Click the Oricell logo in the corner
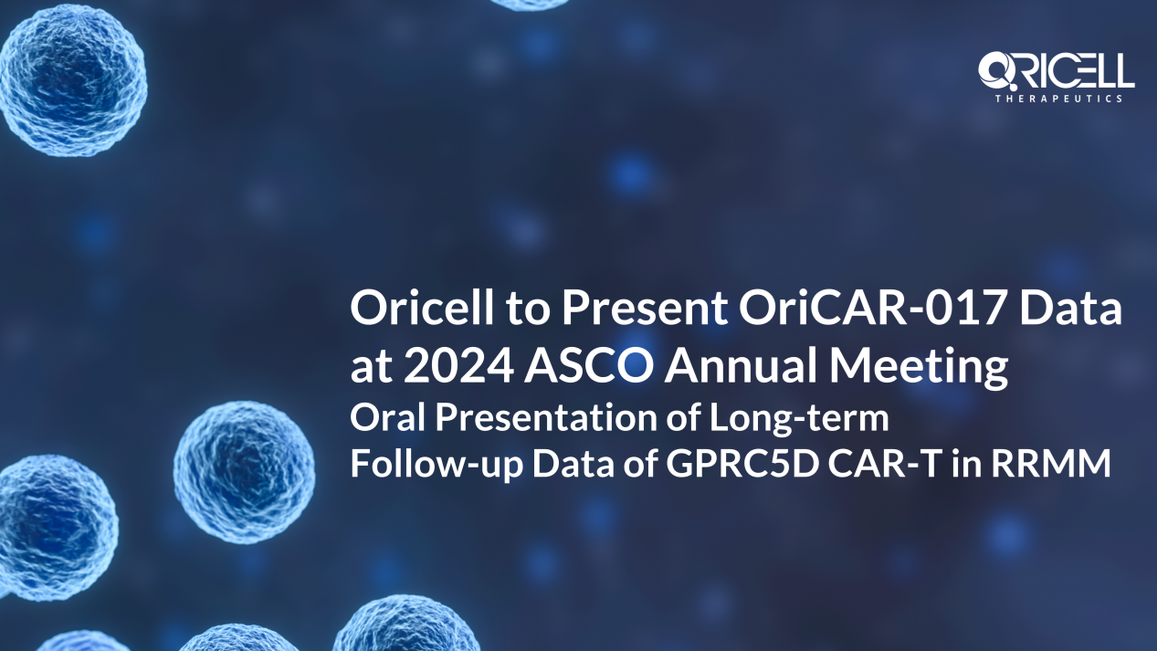click(x=1057, y=77)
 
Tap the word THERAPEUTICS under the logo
click(x=1059, y=99)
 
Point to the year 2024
click(x=458, y=365)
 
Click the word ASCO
click(x=589, y=365)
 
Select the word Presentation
click(x=546, y=417)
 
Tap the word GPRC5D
click(x=742, y=463)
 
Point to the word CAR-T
click(x=883, y=463)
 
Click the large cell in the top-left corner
click(x=72, y=80)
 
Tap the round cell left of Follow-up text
click(x=245, y=472)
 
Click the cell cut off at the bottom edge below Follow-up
click(x=407, y=625)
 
